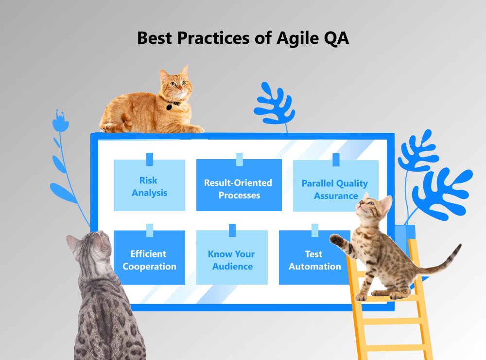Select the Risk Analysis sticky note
149,186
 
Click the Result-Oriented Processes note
239,189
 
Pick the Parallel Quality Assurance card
335,189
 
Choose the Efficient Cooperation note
149,260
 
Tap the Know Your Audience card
232,260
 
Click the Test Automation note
314,260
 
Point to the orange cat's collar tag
169,107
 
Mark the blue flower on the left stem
60,122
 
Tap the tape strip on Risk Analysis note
149,159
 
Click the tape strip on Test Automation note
314,230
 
